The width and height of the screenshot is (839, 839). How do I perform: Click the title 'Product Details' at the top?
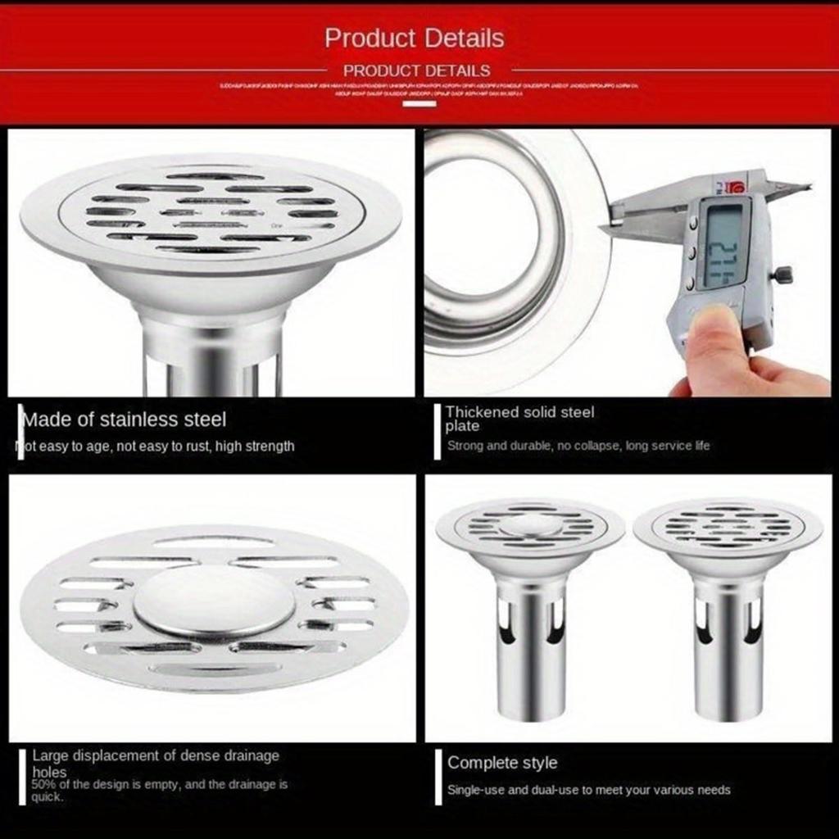pyautogui.click(x=414, y=38)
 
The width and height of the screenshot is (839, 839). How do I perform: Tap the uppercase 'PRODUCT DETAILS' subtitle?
pyautogui.click(x=416, y=70)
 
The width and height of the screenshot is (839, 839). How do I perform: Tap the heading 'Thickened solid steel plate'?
pyautogui.click(x=519, y=418)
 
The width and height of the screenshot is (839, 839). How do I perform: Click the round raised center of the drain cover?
pyautogui.click(x=215, y=601)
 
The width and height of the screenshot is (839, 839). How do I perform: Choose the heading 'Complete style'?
pyautogui.click(x=501, y=763)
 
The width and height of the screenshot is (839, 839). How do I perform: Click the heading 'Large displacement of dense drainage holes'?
pyautogui.click(x=156, y=763)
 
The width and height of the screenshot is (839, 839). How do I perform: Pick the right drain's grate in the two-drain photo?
pyautogui.click(x=727, y=524)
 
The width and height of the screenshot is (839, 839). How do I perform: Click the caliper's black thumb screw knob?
pyautogui.click(x=783, y=274)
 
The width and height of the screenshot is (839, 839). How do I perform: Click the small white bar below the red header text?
pyautogui.click(x=419, y=103)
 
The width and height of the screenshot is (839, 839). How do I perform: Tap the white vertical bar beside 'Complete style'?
pyautogui.click(x=438, y=776)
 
